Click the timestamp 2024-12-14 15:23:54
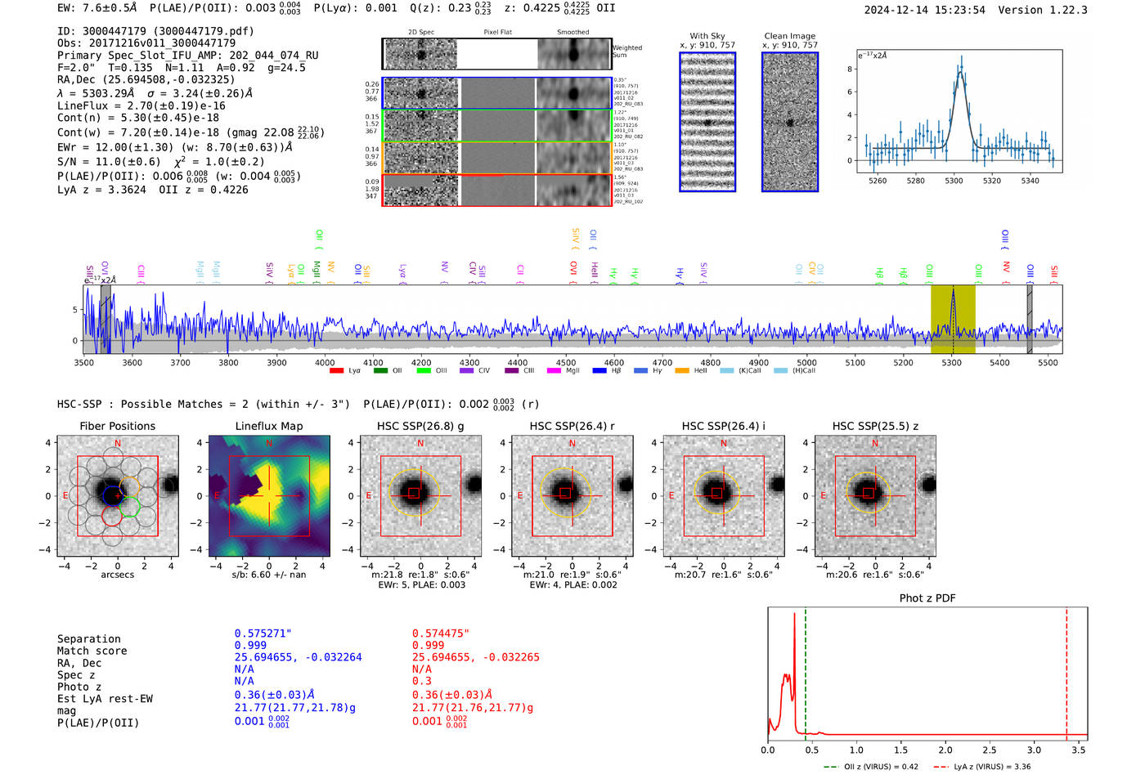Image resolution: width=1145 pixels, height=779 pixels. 924,10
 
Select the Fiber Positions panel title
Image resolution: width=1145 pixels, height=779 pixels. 117,426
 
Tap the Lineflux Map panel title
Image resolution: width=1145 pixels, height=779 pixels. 269,426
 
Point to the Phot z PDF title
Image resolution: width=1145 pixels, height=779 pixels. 927,598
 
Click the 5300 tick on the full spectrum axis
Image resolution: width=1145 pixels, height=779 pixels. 951,363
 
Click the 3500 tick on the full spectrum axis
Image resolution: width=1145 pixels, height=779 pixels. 84,363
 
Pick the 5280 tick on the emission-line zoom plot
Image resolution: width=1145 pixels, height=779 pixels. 915,181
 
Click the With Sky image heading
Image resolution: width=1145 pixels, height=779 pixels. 707,36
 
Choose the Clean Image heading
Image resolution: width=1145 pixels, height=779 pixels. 789,36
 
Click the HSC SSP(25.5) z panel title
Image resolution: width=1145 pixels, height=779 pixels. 875,426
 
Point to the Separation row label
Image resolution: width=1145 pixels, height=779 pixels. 88,639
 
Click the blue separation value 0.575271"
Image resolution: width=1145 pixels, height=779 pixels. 263,633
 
